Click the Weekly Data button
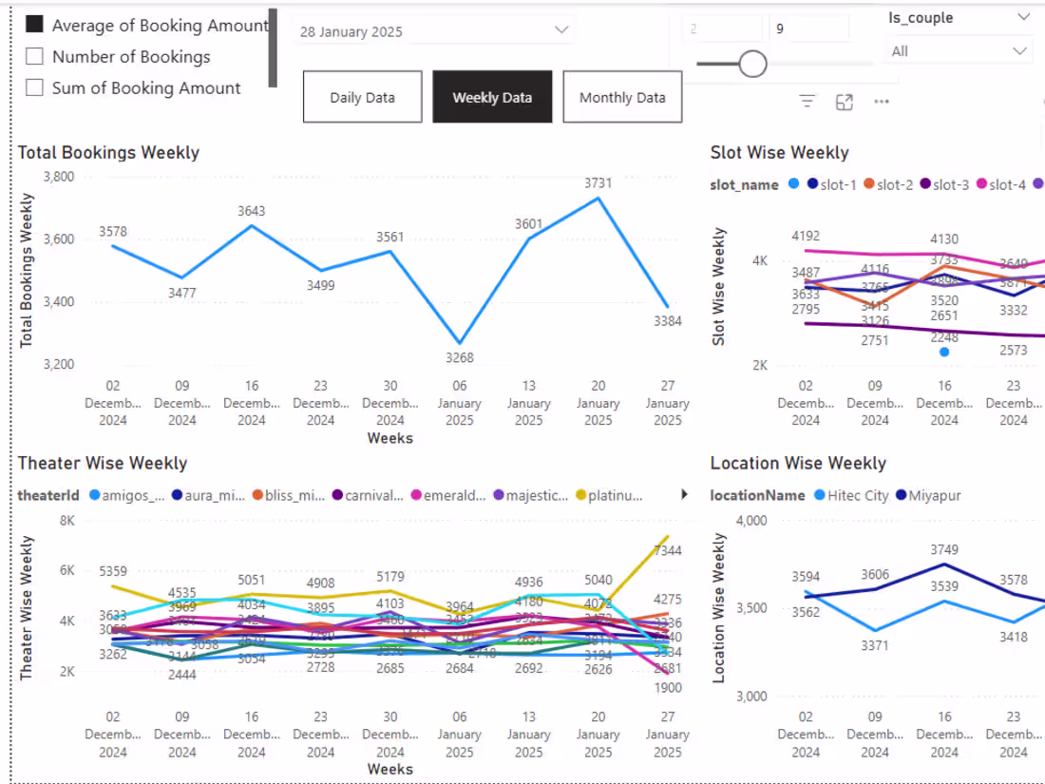click(x=492, y=97)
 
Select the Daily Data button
click(x=362, y=97)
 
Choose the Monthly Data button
click(x=622, y=97)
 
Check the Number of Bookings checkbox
click(x=35, y=57)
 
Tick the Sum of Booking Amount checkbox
click(x=35, y=88)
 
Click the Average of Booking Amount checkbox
click(x=35, y=26)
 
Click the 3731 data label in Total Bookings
click(x=598, y=182)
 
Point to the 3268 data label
click(x=459, y=358)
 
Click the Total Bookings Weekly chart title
click(x=108, y=153)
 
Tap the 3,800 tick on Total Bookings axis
click(x=59, y=177)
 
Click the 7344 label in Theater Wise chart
click(x=668, y=551)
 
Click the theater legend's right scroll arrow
click(x=685, y=494)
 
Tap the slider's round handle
click(x=752, y=64)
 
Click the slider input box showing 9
click(x=807, y=29)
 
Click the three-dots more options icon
click(x=881, y=102)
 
